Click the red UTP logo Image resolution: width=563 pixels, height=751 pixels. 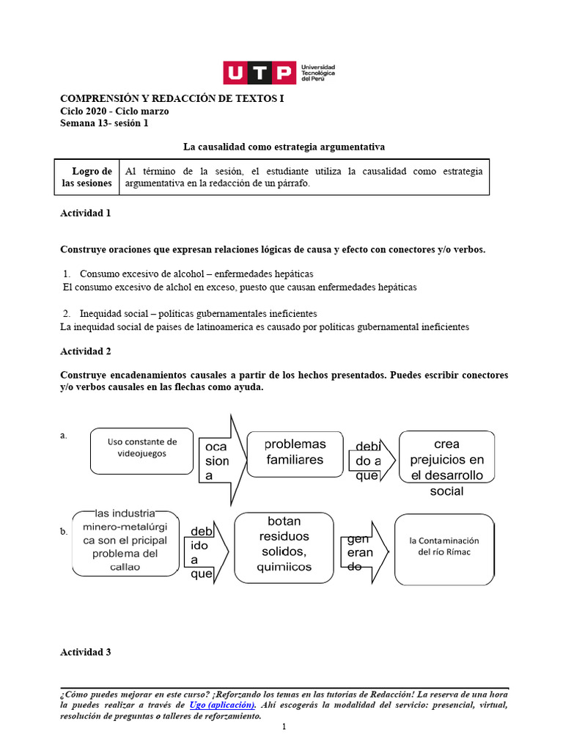259,73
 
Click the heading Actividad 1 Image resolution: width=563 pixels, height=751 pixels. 85,213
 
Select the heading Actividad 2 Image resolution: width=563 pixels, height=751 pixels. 85,351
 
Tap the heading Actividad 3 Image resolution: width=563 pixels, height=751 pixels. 85,652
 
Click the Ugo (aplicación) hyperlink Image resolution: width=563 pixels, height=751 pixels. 222,705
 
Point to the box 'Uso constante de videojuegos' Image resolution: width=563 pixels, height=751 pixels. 142,450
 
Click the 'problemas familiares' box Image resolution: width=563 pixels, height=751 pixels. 295,453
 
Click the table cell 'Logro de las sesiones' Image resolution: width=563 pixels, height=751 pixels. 87,177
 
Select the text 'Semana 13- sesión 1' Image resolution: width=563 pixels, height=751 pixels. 103,123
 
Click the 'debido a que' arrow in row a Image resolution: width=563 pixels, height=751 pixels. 372,460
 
